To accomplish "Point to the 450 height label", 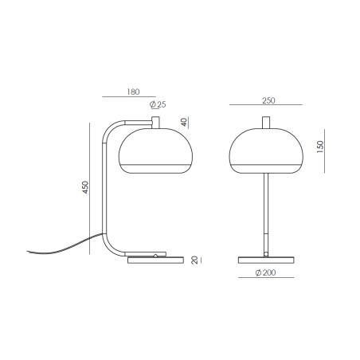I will pos(84,189).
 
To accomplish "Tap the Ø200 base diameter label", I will pos(268,273).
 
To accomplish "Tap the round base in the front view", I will pos(268,259).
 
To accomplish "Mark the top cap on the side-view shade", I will pos(156,121).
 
